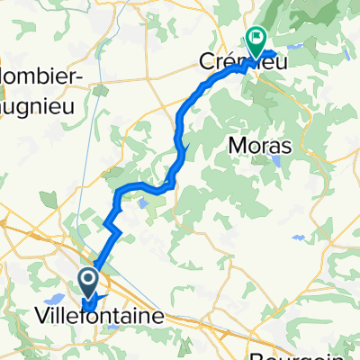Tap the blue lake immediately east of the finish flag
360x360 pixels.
click(x=271, y=40)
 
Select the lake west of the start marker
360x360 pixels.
click(x=55, y=298)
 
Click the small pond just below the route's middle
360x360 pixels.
click(x=143, y=203)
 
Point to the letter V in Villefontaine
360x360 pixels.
click(x=40, y=317)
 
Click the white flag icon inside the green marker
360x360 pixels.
click(x=257, y=38)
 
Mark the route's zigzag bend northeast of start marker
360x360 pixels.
click(x=113, y=225)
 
